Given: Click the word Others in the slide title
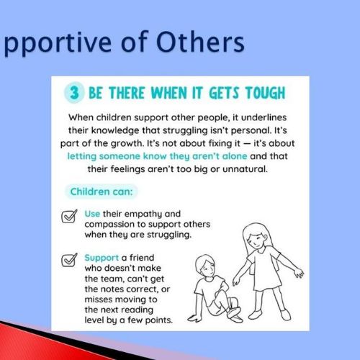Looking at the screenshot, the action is point(200,42).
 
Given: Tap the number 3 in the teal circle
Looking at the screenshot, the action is point(74,93).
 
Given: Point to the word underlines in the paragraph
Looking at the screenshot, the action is point(264,117).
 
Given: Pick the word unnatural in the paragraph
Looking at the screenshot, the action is point(245,169).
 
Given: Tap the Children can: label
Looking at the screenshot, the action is point(102,192).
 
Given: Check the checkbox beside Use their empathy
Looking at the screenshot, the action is point(69,216).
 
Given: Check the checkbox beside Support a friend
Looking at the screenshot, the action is point(69,260).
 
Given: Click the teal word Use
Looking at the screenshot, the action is point(92,214).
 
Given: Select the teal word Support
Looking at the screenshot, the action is point(102,258).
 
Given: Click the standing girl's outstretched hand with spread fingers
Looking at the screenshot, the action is point(299,273).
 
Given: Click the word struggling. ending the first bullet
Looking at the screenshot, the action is point(169,235).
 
